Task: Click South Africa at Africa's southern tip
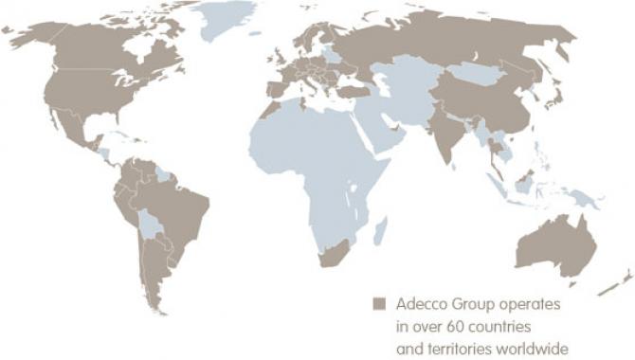(x=336, y=252)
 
